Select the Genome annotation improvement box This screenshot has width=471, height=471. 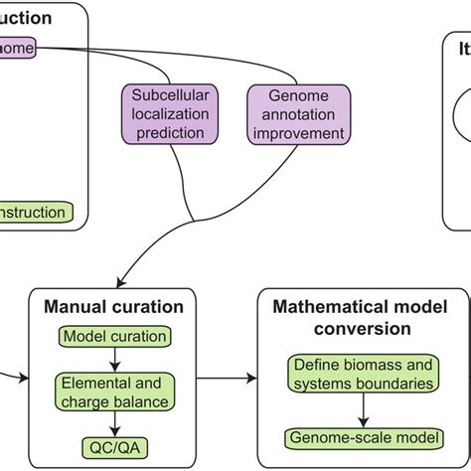coord(300,113)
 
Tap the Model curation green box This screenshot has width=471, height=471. coord(114,336)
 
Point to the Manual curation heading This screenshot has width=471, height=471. coord(114,307)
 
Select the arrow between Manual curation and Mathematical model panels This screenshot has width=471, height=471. coord(230,379)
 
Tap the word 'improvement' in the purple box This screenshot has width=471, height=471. coord(300,132)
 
